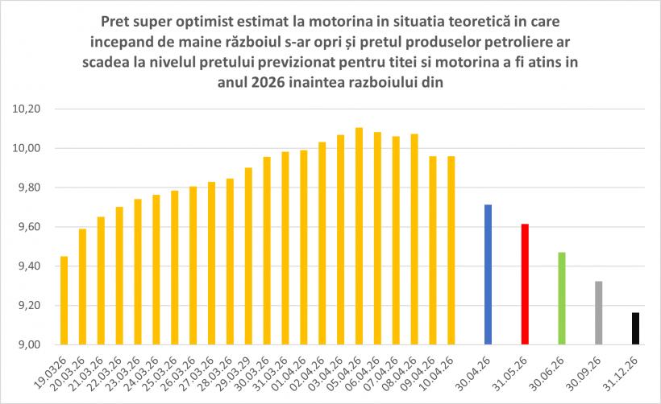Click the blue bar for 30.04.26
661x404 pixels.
pyautogui.click(x=488, y=274)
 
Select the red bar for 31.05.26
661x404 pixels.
pyautogui.click(x=525, y=284)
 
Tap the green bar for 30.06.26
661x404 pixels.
pyautogui.click(x=561, y=299)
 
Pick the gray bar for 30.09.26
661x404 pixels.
pyautogui.click(x=598, y=313)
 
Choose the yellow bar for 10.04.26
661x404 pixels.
pyautogui.click(x=451, y=250)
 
